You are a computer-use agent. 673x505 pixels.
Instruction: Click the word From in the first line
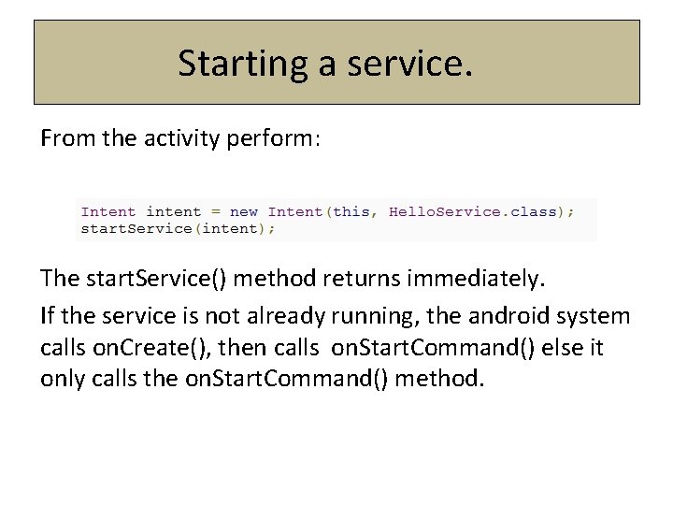(64, 139)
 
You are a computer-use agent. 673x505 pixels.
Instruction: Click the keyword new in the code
(244, 212)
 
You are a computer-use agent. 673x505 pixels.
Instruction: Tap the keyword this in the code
(351, 212)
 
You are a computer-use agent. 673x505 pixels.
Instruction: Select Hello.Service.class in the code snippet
(472, 212)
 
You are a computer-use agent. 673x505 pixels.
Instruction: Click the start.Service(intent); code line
(178, 228)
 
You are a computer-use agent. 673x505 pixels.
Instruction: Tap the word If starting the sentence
(50, 316)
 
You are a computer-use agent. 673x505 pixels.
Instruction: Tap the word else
(548, 348)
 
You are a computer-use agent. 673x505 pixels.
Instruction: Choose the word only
(62, 380)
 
